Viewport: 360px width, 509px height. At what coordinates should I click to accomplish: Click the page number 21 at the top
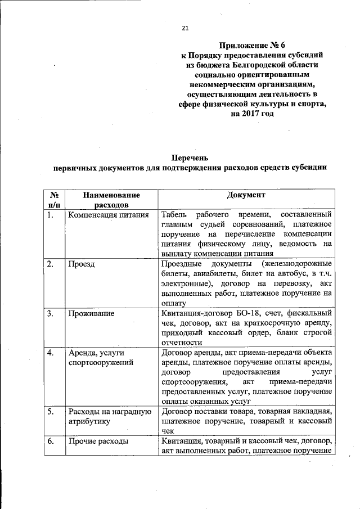tap(184, 29)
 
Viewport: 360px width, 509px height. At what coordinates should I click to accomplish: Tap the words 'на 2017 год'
tap(253, 115)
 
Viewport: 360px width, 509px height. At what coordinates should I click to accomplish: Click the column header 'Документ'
tap(246, 195)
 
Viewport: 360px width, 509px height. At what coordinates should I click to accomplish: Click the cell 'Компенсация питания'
tap(108, 215)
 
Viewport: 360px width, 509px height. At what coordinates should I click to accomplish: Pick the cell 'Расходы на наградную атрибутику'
tap(109, 416)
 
